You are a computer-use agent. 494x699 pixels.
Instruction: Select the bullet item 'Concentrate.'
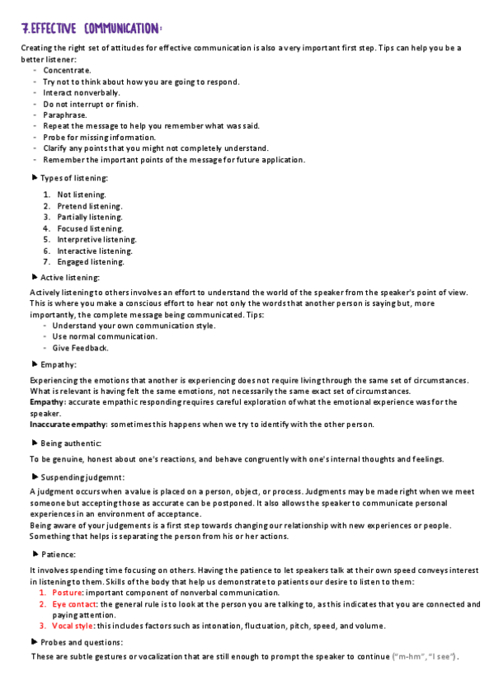(68, 70)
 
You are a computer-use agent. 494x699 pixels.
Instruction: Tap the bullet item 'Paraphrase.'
(66, 115)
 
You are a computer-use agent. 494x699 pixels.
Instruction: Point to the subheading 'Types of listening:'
(73, 178)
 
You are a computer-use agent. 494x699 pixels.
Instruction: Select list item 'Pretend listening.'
(90, 205)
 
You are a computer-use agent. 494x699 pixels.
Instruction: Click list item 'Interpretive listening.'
(96, 239)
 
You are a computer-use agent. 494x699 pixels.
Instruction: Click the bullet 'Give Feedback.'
(80, 348)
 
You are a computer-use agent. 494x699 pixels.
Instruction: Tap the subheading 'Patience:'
(58, 555)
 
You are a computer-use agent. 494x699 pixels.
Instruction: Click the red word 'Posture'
(67, 593)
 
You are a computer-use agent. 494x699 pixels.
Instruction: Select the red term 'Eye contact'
(74, 604)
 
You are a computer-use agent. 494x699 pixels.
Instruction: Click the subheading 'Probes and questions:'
(82, 642)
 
